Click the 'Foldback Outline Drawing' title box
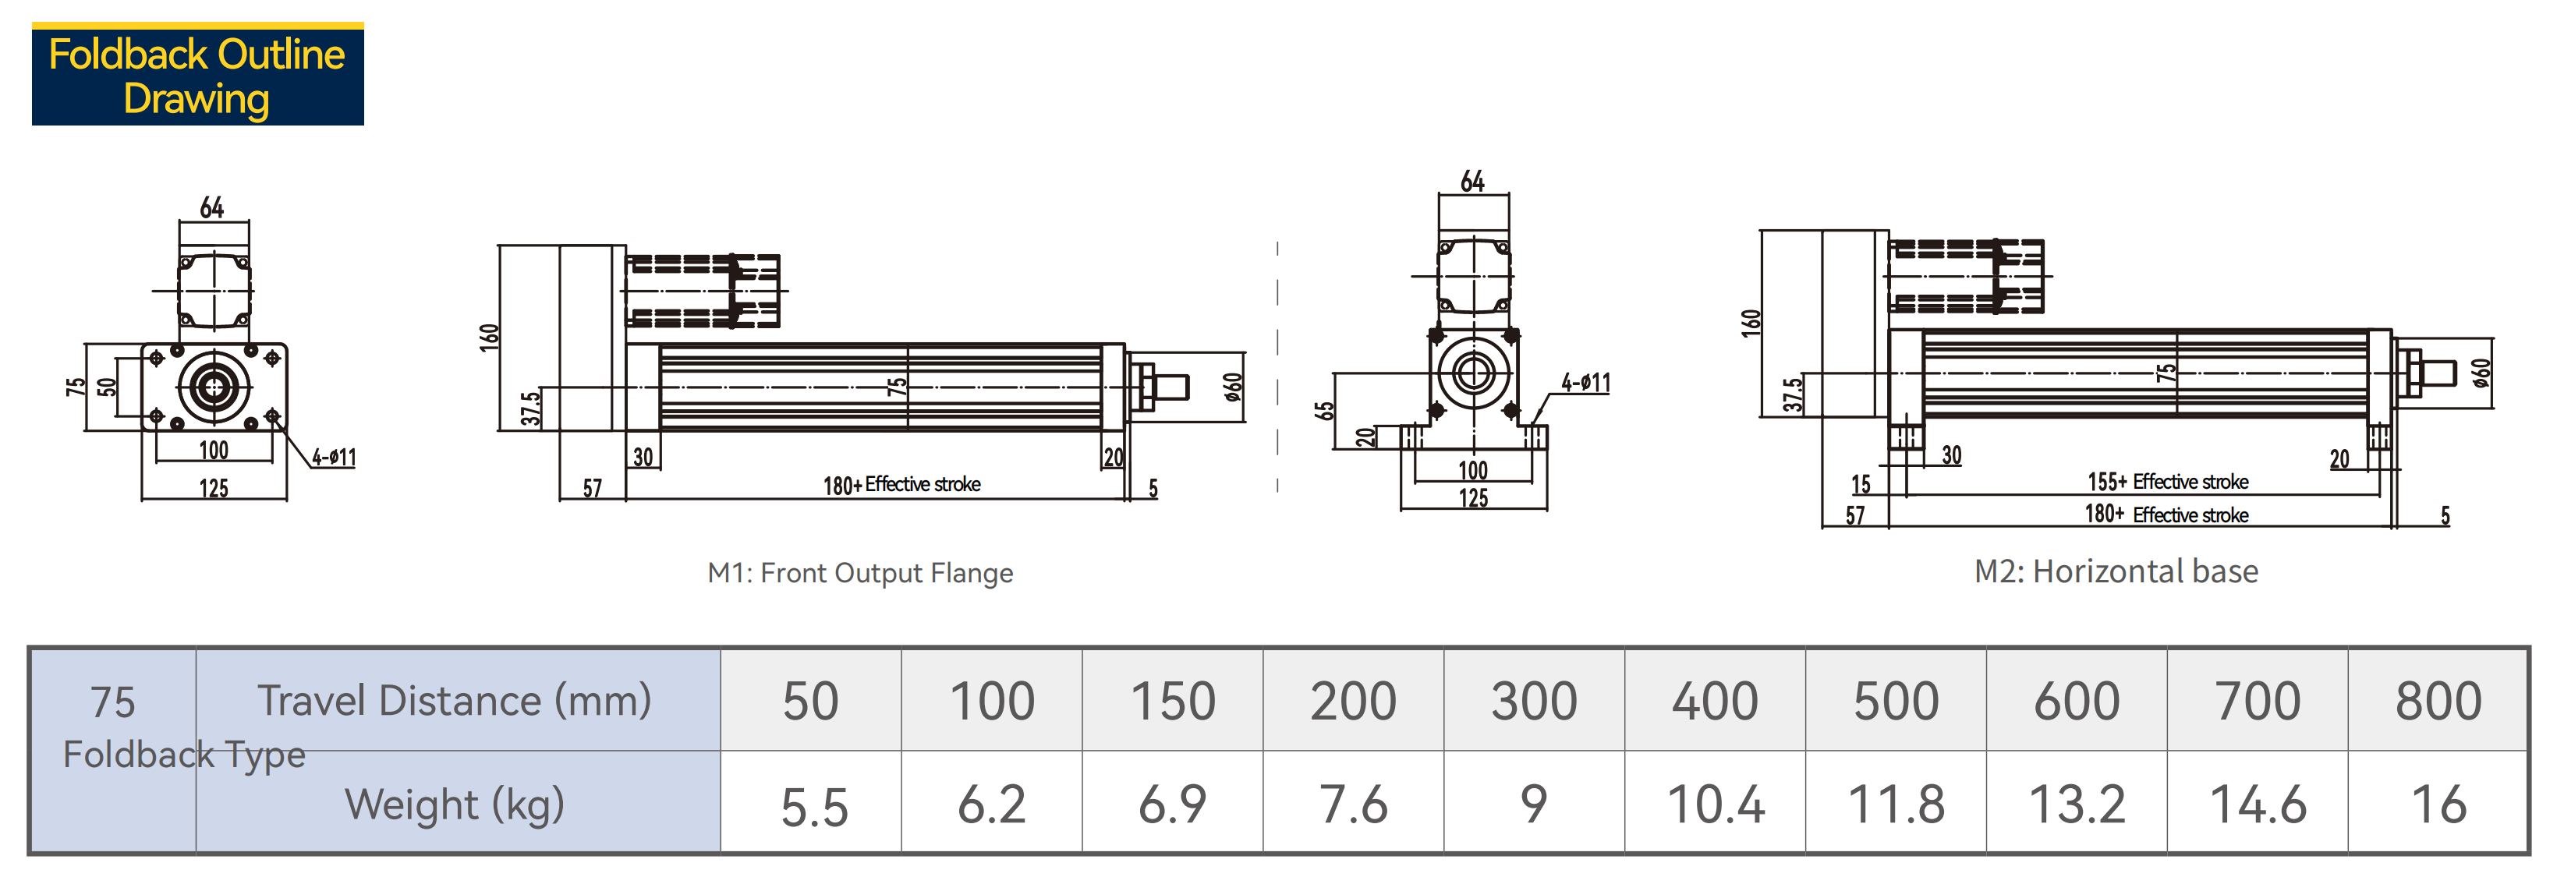(x=197, y=74)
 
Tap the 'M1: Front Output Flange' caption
(x=859, y=574)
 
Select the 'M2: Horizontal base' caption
(x=2116, y=571)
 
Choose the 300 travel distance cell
(x=1534, y=700)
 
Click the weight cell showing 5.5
(x=813, y=805)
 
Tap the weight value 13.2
(x=2077, y=804)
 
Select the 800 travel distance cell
(x=2438, y=700)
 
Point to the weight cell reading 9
(x=1534, y=803)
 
